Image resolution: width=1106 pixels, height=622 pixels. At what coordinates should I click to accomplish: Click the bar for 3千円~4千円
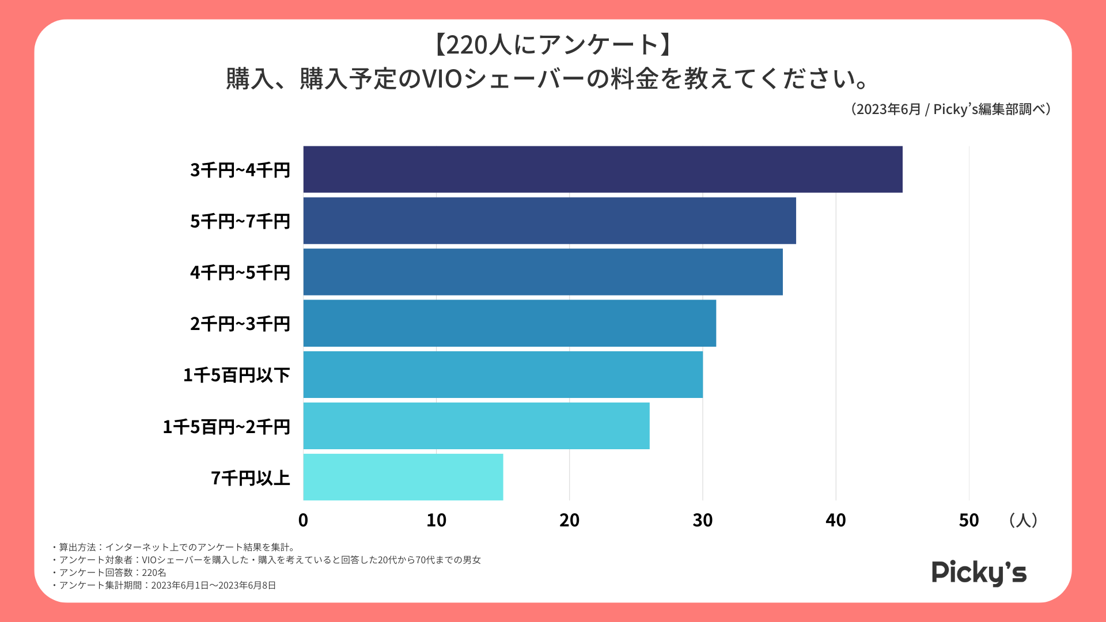603,169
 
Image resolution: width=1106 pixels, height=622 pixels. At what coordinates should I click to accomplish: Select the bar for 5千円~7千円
550,221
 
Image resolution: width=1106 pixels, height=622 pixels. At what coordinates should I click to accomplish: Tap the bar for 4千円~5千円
543,272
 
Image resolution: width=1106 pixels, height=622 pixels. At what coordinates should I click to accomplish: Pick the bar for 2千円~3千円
509,323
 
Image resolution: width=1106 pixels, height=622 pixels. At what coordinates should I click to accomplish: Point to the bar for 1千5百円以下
503,374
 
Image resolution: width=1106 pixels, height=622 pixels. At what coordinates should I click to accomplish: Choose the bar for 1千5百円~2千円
476,426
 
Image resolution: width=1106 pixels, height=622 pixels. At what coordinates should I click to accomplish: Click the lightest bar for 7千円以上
403,477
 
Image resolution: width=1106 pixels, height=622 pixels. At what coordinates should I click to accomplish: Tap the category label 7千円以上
251,478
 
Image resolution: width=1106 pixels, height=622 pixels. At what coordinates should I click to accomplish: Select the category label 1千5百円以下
237,376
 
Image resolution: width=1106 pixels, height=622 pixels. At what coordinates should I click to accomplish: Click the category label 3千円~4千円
240,170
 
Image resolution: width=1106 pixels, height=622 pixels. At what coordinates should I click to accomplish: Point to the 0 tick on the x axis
303,521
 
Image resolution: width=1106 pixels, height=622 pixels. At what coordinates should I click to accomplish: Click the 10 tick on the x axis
436,521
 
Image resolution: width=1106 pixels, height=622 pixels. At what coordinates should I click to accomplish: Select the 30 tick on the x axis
702,521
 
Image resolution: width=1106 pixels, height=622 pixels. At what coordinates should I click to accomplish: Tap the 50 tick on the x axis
969,521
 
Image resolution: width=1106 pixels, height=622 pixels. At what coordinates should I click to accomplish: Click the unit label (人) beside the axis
1023,521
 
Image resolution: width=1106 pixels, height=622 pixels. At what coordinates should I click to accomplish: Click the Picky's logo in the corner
979,573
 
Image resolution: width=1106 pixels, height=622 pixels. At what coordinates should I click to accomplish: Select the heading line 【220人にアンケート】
552,45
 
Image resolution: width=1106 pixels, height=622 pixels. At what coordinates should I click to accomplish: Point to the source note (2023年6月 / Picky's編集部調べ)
950,109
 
